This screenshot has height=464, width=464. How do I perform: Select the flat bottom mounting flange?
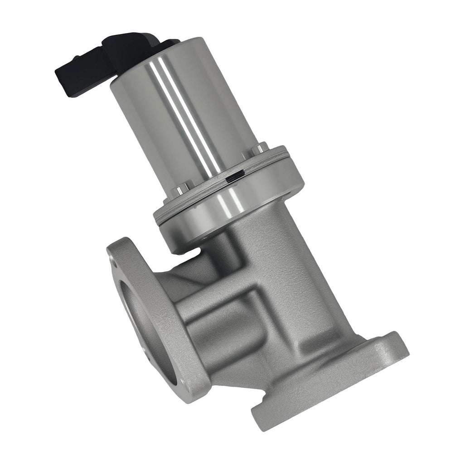pyautogui.click(x=326, y=385)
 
